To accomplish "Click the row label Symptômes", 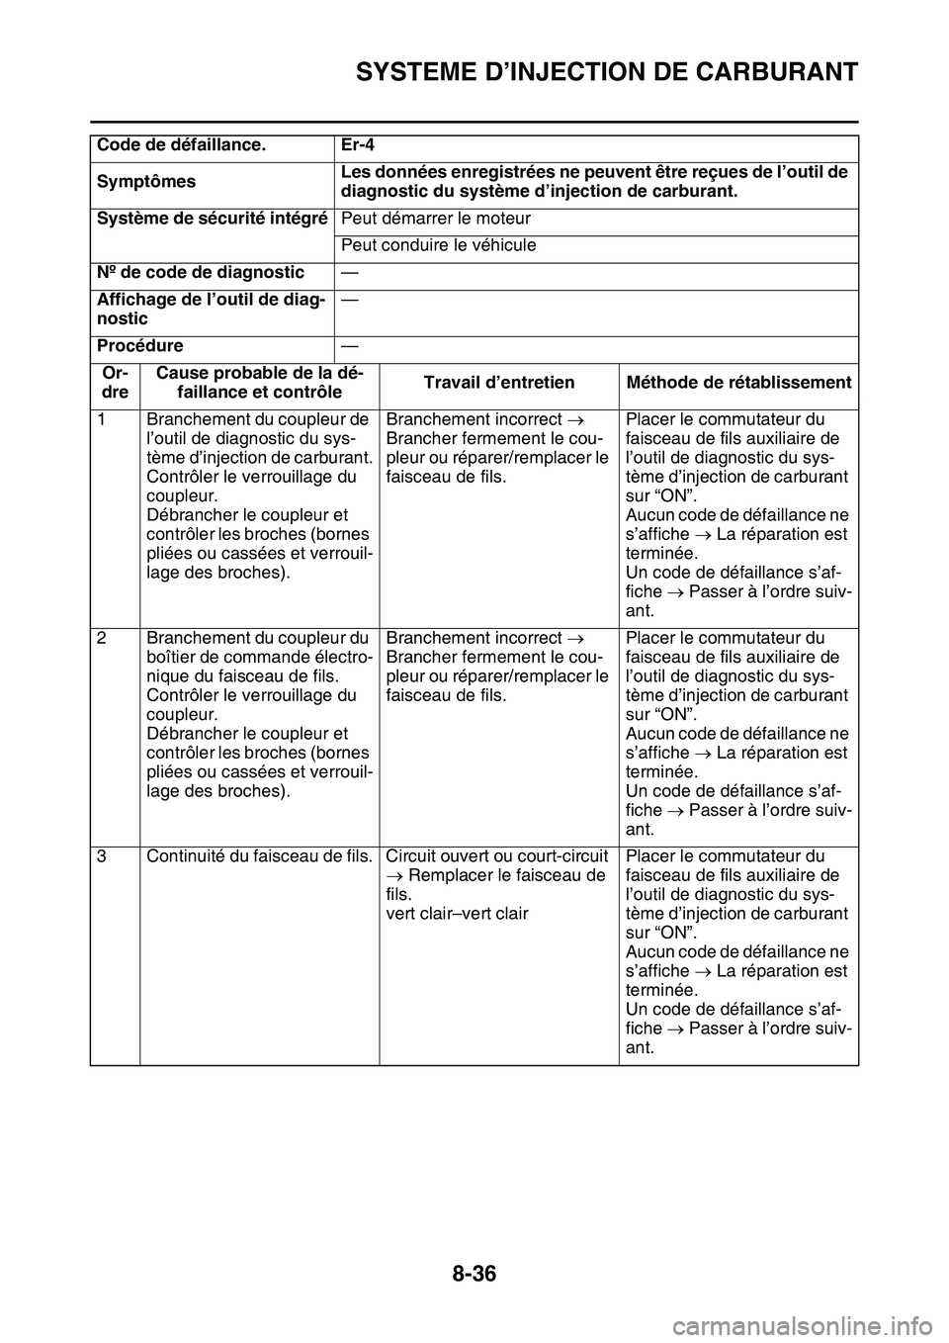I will [146, 182].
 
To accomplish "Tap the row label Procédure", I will [139, 346].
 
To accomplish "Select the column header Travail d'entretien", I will [499, 383].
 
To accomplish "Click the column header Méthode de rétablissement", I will [738, 383].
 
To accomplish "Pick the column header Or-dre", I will [115, 383].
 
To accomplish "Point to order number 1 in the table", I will [102, 419].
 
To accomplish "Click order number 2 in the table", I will [102, 638].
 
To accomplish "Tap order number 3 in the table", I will [102, 856].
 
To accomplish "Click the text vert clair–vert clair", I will [457, 914].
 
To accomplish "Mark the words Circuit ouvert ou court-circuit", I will [496, 856].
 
